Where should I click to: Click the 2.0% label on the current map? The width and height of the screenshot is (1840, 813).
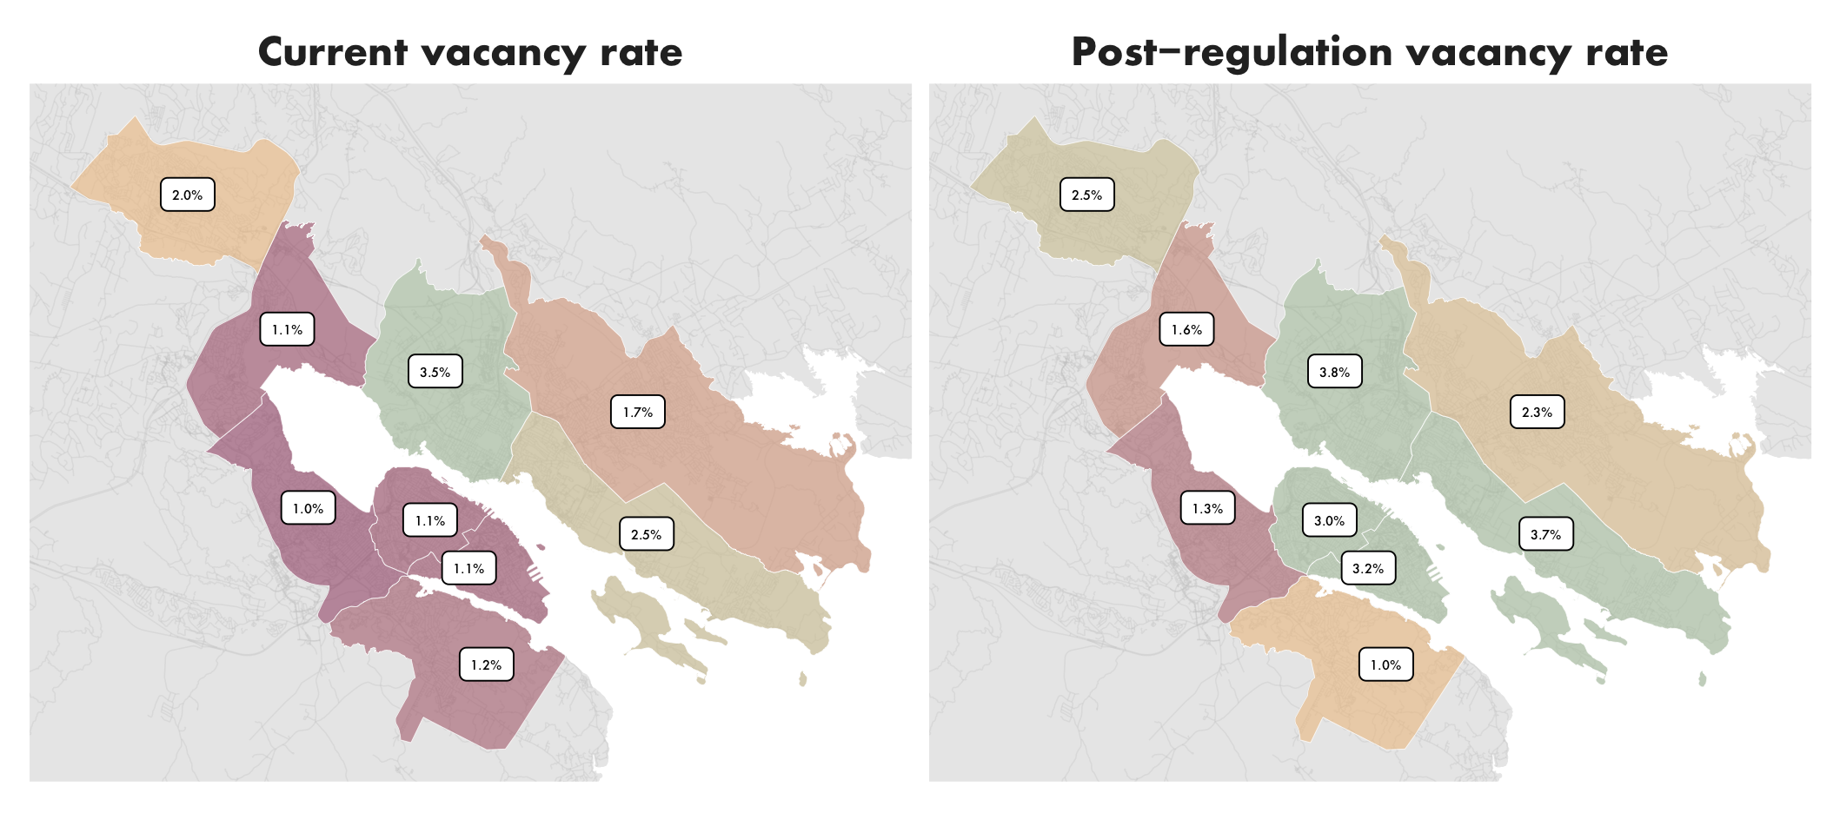pyautogui.click(x=187, y=195)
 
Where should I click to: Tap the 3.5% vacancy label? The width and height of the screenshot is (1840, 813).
pyautogui.click(x=435, y=372)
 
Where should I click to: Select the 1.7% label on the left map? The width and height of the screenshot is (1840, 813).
pyautogui.click(x=637, y=412)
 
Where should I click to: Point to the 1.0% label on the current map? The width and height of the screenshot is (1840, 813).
pyautogui.click(x=308, y=508)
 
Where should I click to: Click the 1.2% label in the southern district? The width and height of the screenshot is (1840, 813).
pyautogui.click(x=486, y=664)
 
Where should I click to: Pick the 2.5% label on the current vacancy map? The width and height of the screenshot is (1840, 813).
pyautogui.click(x=646, y=534)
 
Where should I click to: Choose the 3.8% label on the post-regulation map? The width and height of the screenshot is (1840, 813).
pyautogui.click(x=1334, y=372)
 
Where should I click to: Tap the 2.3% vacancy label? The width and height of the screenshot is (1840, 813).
pyautogui.click(x=1537, y=412)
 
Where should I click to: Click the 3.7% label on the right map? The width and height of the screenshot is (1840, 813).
pyautogui.click(x=1545, y=534)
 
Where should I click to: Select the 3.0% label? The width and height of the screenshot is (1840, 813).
pyautogui.click(x=1329, y=520)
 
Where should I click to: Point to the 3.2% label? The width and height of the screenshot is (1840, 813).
pyautogui.click(x=1368, y=568)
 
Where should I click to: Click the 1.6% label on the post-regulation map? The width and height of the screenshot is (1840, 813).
pyautogui.click(x=1186, y=329)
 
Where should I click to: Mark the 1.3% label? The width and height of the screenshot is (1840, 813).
pyautogui.click(x=1207, y=508)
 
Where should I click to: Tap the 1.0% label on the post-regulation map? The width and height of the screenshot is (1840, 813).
pyautogui.click(x=1385, y=664)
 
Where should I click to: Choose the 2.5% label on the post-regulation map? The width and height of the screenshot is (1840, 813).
pyautogui.click(x=1086, y=195)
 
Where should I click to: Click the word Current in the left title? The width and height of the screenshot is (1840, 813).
pyautogui.click(x=333, y=52)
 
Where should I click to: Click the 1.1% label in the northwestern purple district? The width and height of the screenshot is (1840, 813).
pyautogui.click(x=287, y=329)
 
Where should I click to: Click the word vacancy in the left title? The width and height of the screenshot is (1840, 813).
pyautogui.click(x=503, y=52)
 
